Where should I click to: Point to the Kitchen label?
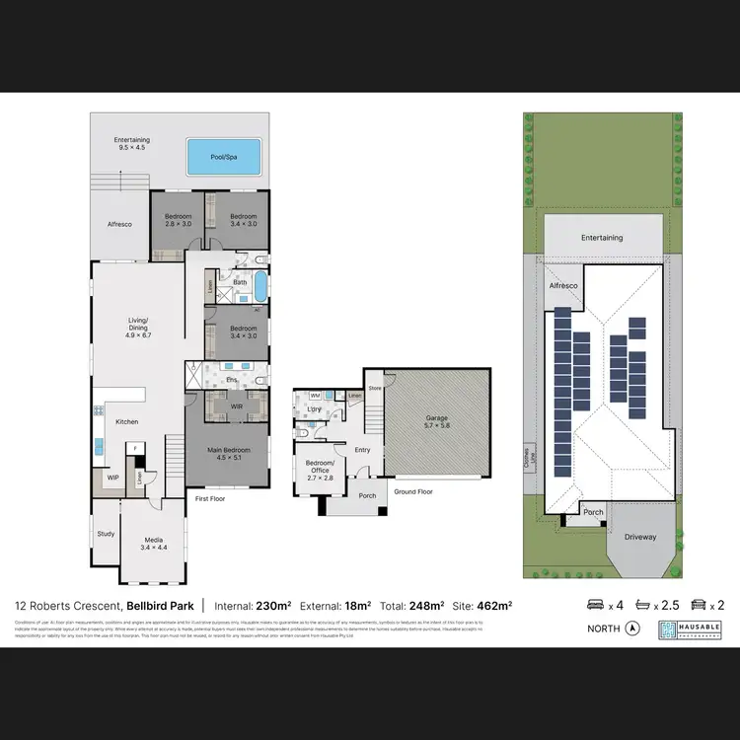click(x=127, y=422)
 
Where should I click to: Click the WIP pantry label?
click(x=112, y=479)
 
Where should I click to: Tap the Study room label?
click(x=105, y=534)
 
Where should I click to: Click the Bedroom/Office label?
click(x=318, y=467)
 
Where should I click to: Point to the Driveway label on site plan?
click(x=639, y=538)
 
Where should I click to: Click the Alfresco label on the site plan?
click(x=562, y=285)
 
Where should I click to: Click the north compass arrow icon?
click(x=632, y=629)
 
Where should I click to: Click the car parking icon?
click(x=698, y=605)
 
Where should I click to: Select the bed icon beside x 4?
click(x=596, y=605)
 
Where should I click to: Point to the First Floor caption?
click(x=209, y=499)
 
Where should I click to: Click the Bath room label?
click(x=240, y=282)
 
